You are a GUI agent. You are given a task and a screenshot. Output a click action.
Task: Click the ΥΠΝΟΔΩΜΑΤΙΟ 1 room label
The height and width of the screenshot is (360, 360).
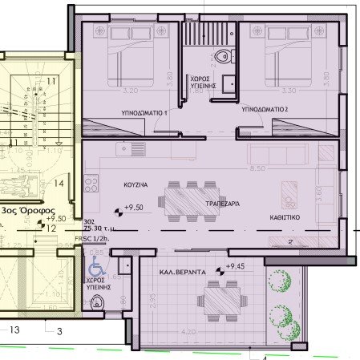pos(144,114)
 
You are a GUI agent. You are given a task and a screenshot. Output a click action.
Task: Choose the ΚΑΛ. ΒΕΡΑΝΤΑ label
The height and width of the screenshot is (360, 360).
pos(181,273)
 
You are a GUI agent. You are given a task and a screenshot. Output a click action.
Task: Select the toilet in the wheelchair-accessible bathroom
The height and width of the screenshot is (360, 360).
pos(97,302)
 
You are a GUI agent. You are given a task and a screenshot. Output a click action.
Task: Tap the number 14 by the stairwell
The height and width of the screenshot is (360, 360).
pos(59,183)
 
